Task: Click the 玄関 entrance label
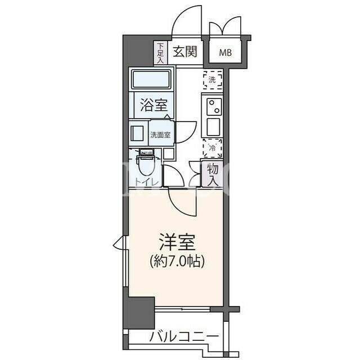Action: point(185,51)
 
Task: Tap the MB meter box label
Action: point(225,53)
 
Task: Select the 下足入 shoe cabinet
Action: point(160,53)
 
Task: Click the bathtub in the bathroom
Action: point(151,79)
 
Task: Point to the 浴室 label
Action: point(154,105)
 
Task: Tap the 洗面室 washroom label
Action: point(160,135)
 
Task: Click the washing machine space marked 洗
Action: point(213,80)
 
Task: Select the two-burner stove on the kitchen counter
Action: point(214,107)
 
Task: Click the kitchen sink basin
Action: point(213,127)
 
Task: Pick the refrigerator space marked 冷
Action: point(213,148)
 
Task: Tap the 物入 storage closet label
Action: point(213,175)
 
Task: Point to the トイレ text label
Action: point(146,182)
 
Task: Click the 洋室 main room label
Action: point(177,242)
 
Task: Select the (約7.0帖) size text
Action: point(177,261)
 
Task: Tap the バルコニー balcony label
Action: point(184,337)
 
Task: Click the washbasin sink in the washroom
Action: point(137,133)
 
